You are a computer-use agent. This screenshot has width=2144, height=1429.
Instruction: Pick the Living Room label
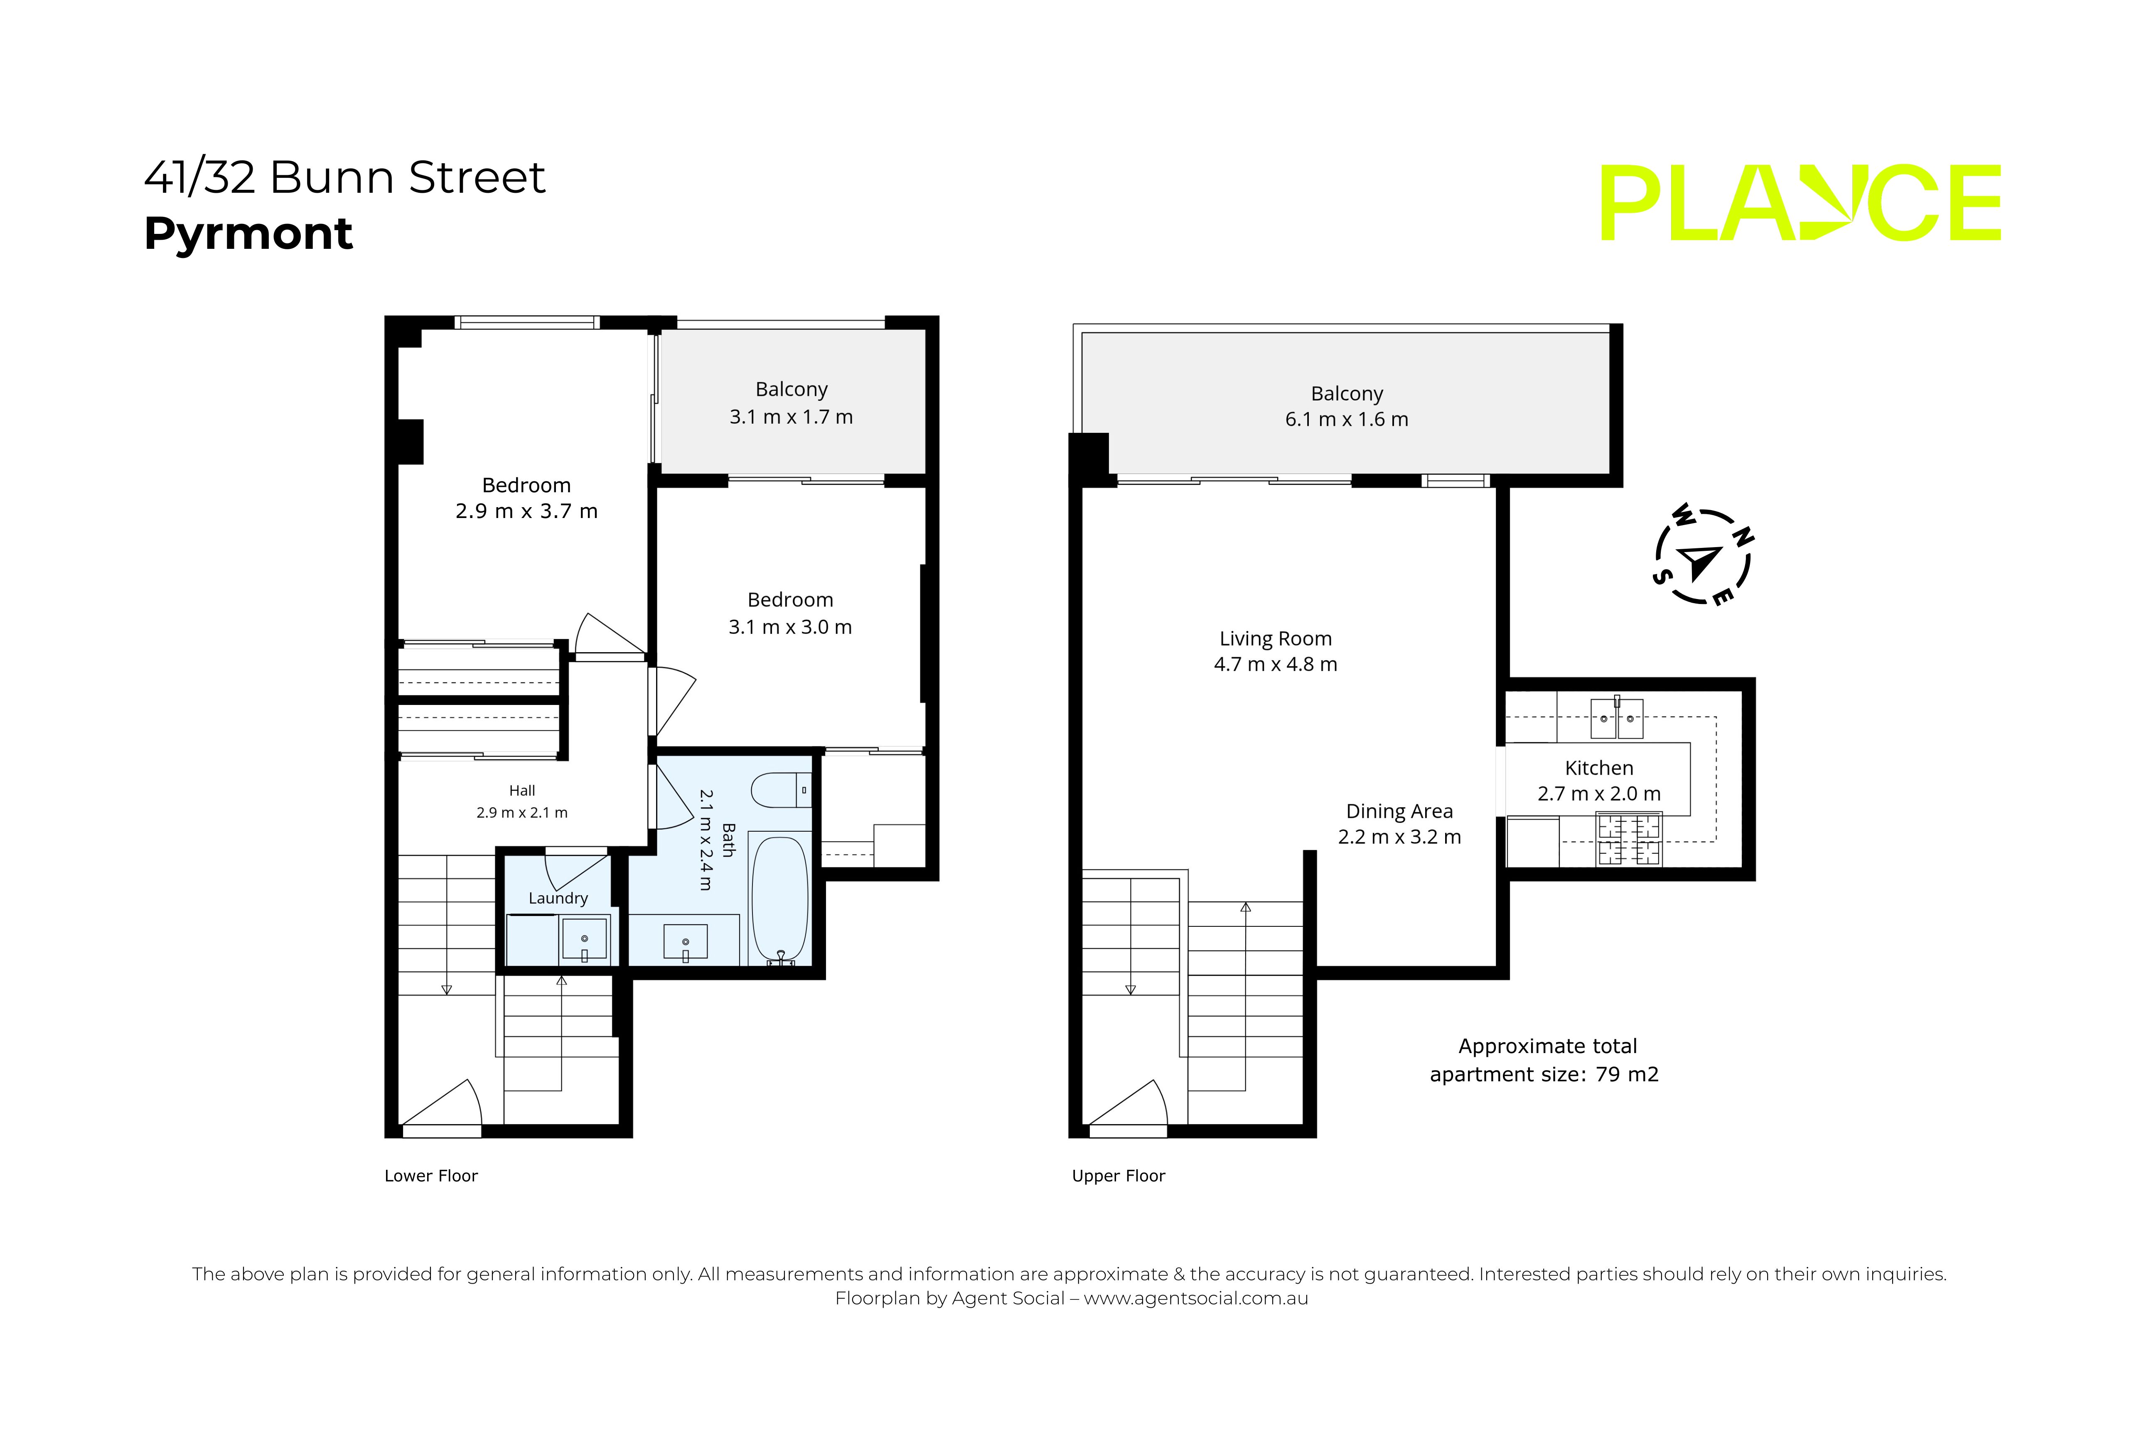tap(1275, 639)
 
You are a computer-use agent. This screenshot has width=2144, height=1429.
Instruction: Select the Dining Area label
tap(1399, 811)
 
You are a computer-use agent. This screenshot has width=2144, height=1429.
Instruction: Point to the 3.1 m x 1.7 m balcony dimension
tap(791, 417)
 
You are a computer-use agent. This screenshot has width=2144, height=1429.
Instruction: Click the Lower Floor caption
tap(431, 1176)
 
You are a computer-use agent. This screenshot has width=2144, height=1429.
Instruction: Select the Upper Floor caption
tap(1119, 1176)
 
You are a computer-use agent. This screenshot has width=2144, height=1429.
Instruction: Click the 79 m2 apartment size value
tap(1627, 1075)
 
